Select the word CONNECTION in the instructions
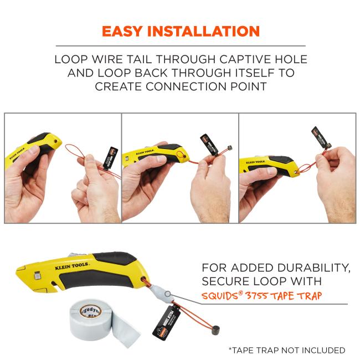click(x=202, y=86)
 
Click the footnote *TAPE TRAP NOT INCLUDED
click(x=286, y=350)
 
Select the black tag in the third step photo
click(x=317, y=138)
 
